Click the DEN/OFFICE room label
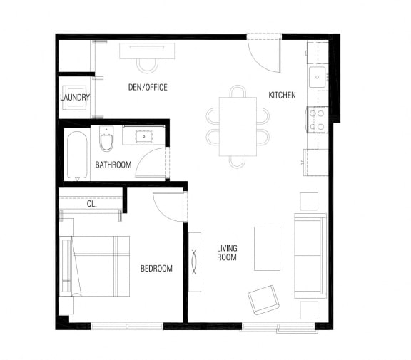point(148,87)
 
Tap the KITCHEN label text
point(282,95)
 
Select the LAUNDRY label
point(75,98)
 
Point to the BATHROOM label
point(113,165)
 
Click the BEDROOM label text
point(156,268)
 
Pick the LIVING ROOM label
point(227,252)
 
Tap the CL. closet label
point(92,204)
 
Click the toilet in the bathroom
point(106,139)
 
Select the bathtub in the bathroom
point(77,155)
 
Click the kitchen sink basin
point(317,77)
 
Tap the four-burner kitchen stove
point(317,120)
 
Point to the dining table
point(238,126)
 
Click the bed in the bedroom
point(95,267)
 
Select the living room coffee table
point(267,249)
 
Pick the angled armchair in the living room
point(264,300)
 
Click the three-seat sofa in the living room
point(310,256)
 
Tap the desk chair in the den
point(148,66)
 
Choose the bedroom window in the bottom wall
point(127,326)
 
